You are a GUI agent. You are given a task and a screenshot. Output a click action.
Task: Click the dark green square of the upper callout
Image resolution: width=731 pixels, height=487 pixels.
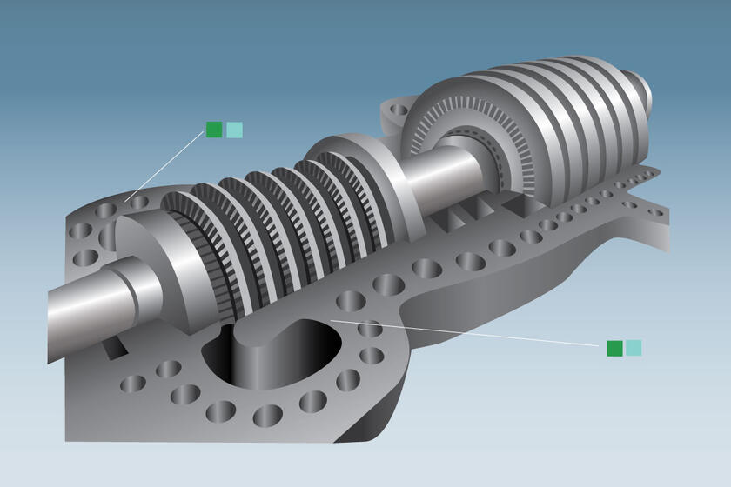pos(214,130)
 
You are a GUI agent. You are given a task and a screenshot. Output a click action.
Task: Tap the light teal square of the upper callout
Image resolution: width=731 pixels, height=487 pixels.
pos(234,130)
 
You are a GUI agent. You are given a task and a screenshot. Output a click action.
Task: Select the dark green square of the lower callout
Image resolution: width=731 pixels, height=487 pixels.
pos(614,348)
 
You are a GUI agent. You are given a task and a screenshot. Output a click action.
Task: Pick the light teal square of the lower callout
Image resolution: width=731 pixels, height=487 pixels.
pos(634,348)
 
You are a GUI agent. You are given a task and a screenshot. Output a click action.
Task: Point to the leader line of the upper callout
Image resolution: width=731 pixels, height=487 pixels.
pos(170,166)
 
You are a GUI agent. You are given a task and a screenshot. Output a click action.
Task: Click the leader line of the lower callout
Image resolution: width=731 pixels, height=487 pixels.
pos(470,334)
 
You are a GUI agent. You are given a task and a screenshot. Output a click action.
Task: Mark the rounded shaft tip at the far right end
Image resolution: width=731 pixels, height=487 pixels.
pos(643,86)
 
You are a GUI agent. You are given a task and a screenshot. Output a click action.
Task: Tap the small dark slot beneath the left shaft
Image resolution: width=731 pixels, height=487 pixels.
pos(114,347)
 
